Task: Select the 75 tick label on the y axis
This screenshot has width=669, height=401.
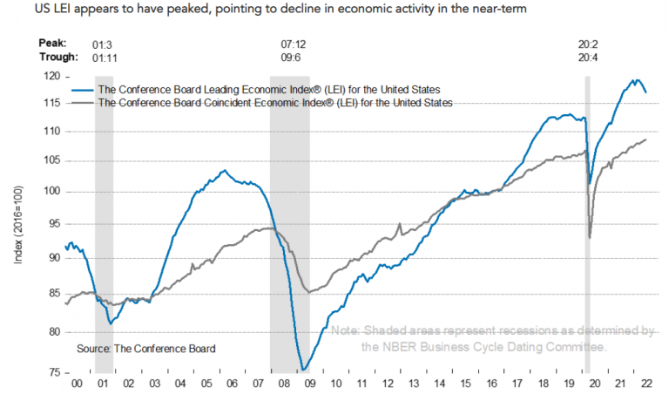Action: [x=54, y=373]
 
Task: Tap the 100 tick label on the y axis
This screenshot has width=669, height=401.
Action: [x=51, y=192]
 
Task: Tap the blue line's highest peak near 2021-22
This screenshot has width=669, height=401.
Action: [x=633, y=80]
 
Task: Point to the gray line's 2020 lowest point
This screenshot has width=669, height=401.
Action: [x=591, y=237]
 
